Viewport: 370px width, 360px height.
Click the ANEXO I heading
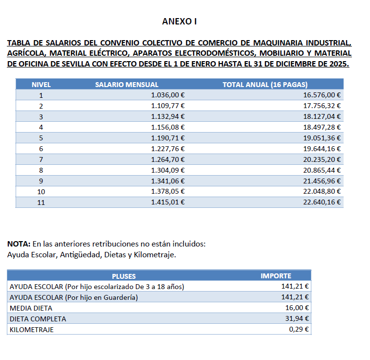click(x=179, y=22)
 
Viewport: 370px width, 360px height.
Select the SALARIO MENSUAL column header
click(x=127, y=85)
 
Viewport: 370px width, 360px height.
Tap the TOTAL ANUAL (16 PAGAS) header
click(x=265, y=85)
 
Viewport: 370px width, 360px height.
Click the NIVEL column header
click(x=41, y=85)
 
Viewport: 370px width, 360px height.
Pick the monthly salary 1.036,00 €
click(x=168, y=95)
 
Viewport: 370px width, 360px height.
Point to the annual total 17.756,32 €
click(x=322, y=106)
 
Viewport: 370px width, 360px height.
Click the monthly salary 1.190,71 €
click(x=168, y=137)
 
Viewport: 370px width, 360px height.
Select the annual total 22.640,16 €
click(x=322, y=202)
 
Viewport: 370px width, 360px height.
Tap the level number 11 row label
click(x=41, y=202)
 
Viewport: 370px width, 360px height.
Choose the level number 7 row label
click(x=41, y=159)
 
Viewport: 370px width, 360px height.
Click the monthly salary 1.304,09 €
click(x=168, y=170)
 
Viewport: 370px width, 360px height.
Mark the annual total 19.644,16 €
click(x=322, y=148)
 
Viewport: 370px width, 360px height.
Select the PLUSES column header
click(x=124, y=276)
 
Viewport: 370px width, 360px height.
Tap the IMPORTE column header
click(x=276, y=276)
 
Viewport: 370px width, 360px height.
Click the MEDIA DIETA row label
click(x=31, y=308)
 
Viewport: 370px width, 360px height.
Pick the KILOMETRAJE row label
click(x=32, y=330)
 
